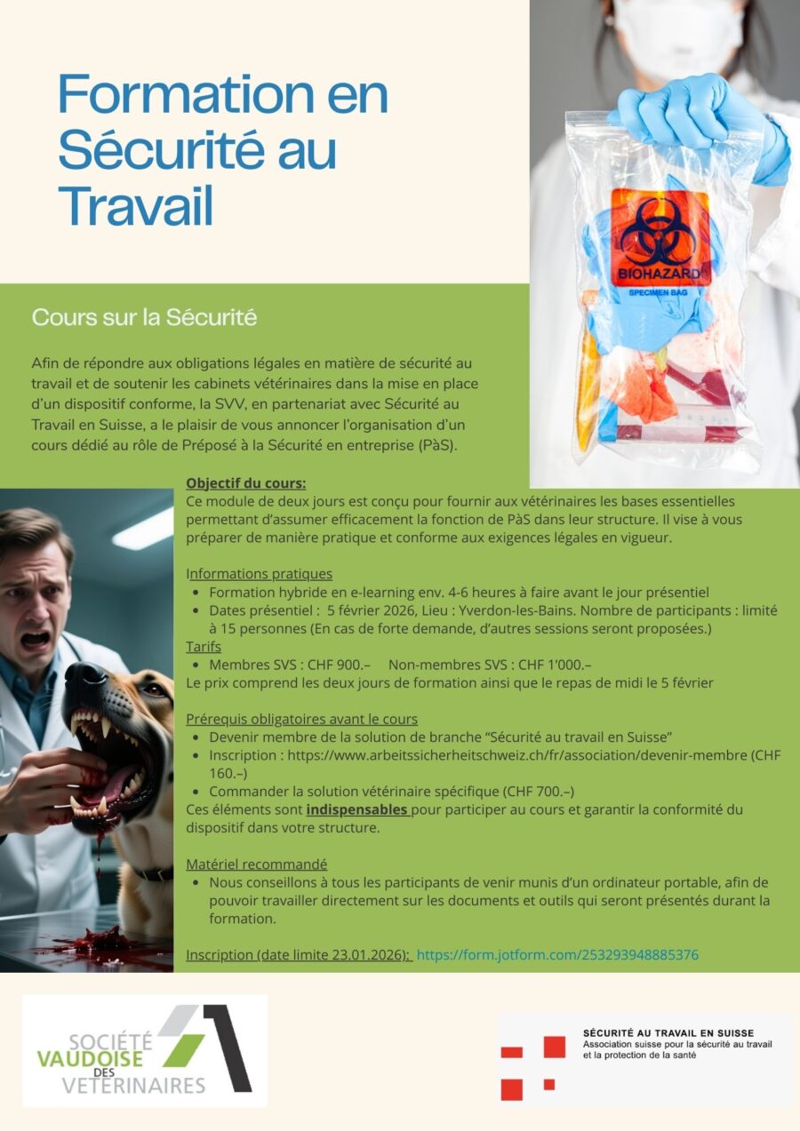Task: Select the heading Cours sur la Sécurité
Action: click(x=144, y=317)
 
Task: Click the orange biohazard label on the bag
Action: click(x=660, y=237)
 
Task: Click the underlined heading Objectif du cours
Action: click(x=245, y=484)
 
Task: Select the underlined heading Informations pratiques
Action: click(x=259, y=574)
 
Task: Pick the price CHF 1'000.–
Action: click(x=555, y=665)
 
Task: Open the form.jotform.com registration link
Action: click(x=557, y=955)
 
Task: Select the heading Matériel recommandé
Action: click(x=256, y=864)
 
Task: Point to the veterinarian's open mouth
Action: click(x=36, y=640)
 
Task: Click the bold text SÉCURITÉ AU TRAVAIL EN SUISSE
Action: click(x=668, y=1033)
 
